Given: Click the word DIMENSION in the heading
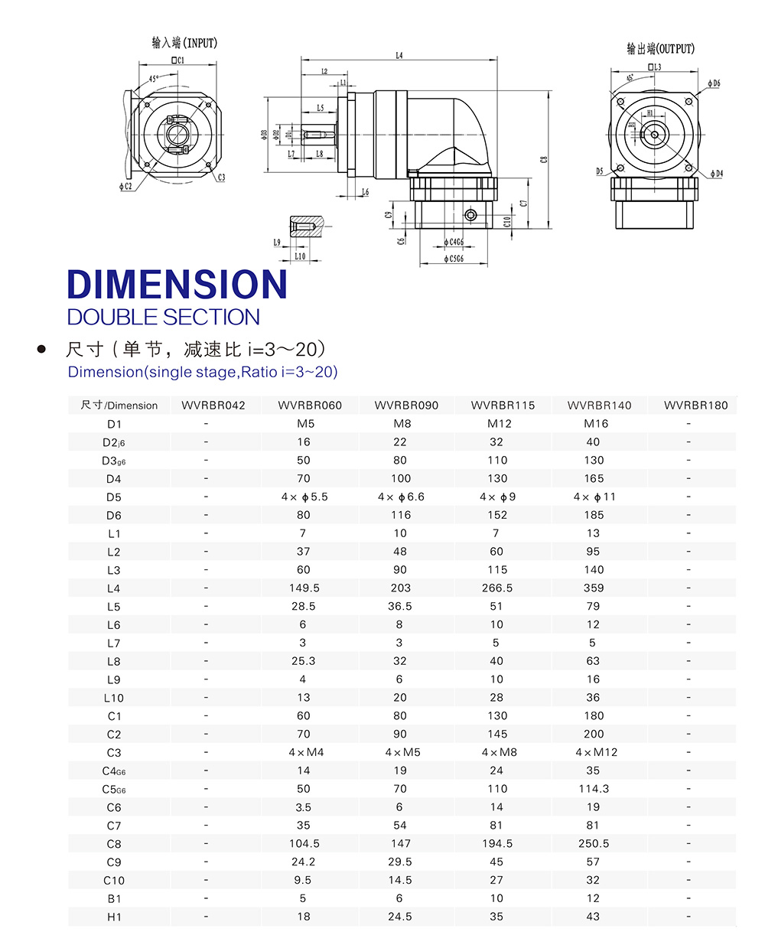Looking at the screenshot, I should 177,285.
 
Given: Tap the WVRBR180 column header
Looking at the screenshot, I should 695,406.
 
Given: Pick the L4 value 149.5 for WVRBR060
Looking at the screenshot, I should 304,588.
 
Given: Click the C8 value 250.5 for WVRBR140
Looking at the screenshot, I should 594,844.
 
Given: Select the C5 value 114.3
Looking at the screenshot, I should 594,789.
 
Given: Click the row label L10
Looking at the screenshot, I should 114,698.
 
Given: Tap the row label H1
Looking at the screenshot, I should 114,917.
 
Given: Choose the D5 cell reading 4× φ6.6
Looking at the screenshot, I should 401,497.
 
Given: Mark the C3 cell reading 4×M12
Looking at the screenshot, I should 596,753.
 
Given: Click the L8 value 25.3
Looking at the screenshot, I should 303,661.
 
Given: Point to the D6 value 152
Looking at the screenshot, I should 497,516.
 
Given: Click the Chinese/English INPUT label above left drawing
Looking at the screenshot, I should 184,43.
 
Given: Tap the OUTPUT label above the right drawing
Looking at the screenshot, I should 660,49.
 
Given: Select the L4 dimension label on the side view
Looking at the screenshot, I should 399,56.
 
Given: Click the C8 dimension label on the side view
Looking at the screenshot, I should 544,160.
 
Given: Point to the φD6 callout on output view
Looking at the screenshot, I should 714,83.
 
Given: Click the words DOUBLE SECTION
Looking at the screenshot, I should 164,318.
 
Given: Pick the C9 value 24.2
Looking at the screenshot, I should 304,862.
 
